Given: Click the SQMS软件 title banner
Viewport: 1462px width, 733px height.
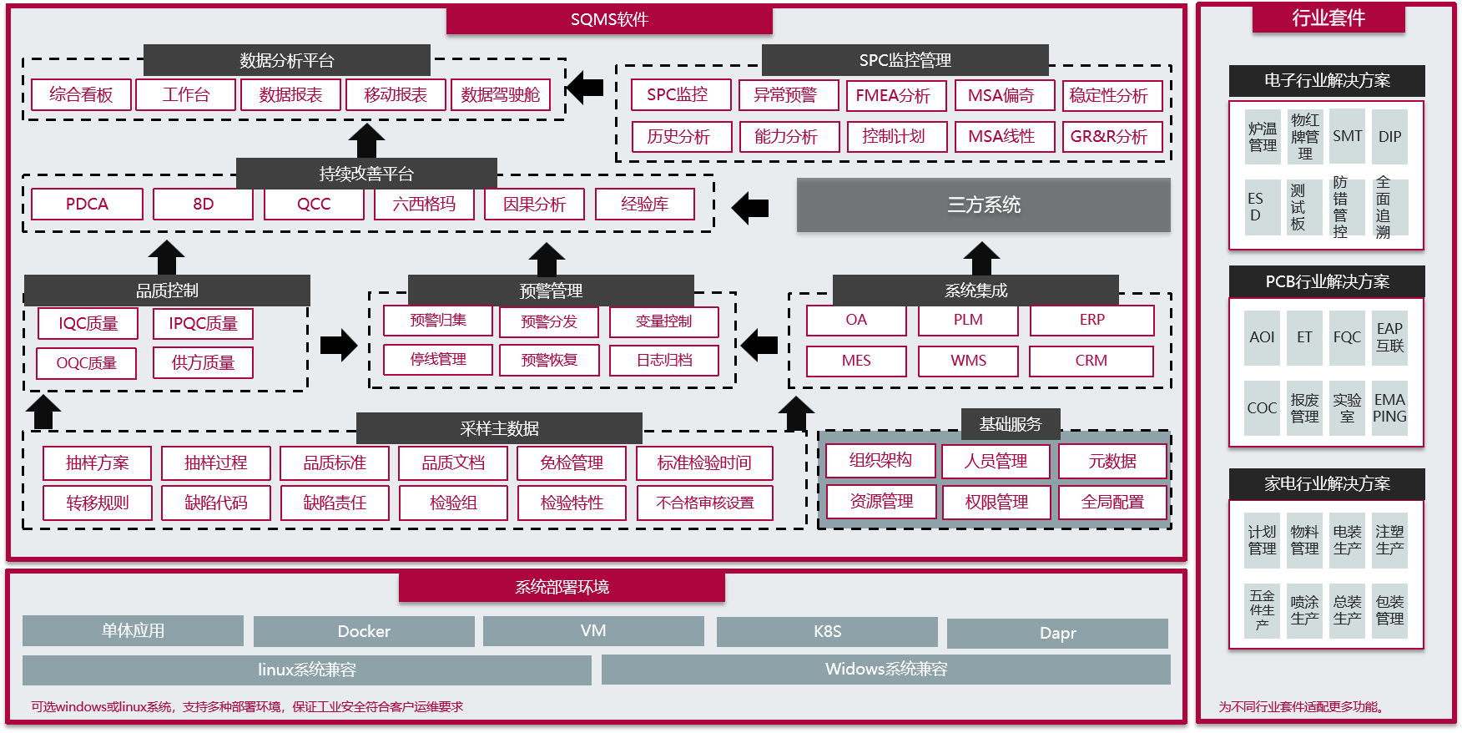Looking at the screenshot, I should [609, 20].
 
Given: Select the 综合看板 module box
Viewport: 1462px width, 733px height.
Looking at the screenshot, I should [81, 95].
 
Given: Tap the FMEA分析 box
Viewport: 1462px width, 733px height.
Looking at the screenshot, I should [893, 96].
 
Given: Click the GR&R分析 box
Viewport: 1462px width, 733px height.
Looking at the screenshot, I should [1109, 137].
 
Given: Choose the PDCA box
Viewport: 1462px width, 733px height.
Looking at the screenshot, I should [87, 205].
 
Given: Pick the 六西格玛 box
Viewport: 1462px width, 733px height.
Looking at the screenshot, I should [424, 205].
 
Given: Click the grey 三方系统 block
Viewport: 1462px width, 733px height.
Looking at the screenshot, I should [983, 205].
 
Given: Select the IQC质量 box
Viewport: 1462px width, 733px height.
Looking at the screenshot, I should [88, 324].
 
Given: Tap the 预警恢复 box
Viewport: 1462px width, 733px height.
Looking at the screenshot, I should [549, 361].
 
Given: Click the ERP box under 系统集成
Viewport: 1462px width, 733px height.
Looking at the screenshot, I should [1091, 320].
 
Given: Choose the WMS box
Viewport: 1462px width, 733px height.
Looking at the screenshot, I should [968, 361].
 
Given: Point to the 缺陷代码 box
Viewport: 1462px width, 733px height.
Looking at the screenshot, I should [216, 503].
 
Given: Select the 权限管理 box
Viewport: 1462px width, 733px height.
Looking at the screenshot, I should [996, 503].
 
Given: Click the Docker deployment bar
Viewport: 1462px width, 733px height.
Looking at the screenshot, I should [364, 632].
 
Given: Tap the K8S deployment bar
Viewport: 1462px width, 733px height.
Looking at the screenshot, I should [827, 632].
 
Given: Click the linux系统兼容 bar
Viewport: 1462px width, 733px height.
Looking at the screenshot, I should [306, 670].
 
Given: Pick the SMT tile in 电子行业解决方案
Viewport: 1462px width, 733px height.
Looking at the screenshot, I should [1347, 137].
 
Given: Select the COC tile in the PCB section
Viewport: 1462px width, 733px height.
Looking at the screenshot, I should [1262, 408].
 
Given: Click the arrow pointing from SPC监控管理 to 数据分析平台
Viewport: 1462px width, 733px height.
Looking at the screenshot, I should [585, 87].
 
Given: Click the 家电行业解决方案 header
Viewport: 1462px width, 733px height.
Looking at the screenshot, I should [1327, 484].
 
